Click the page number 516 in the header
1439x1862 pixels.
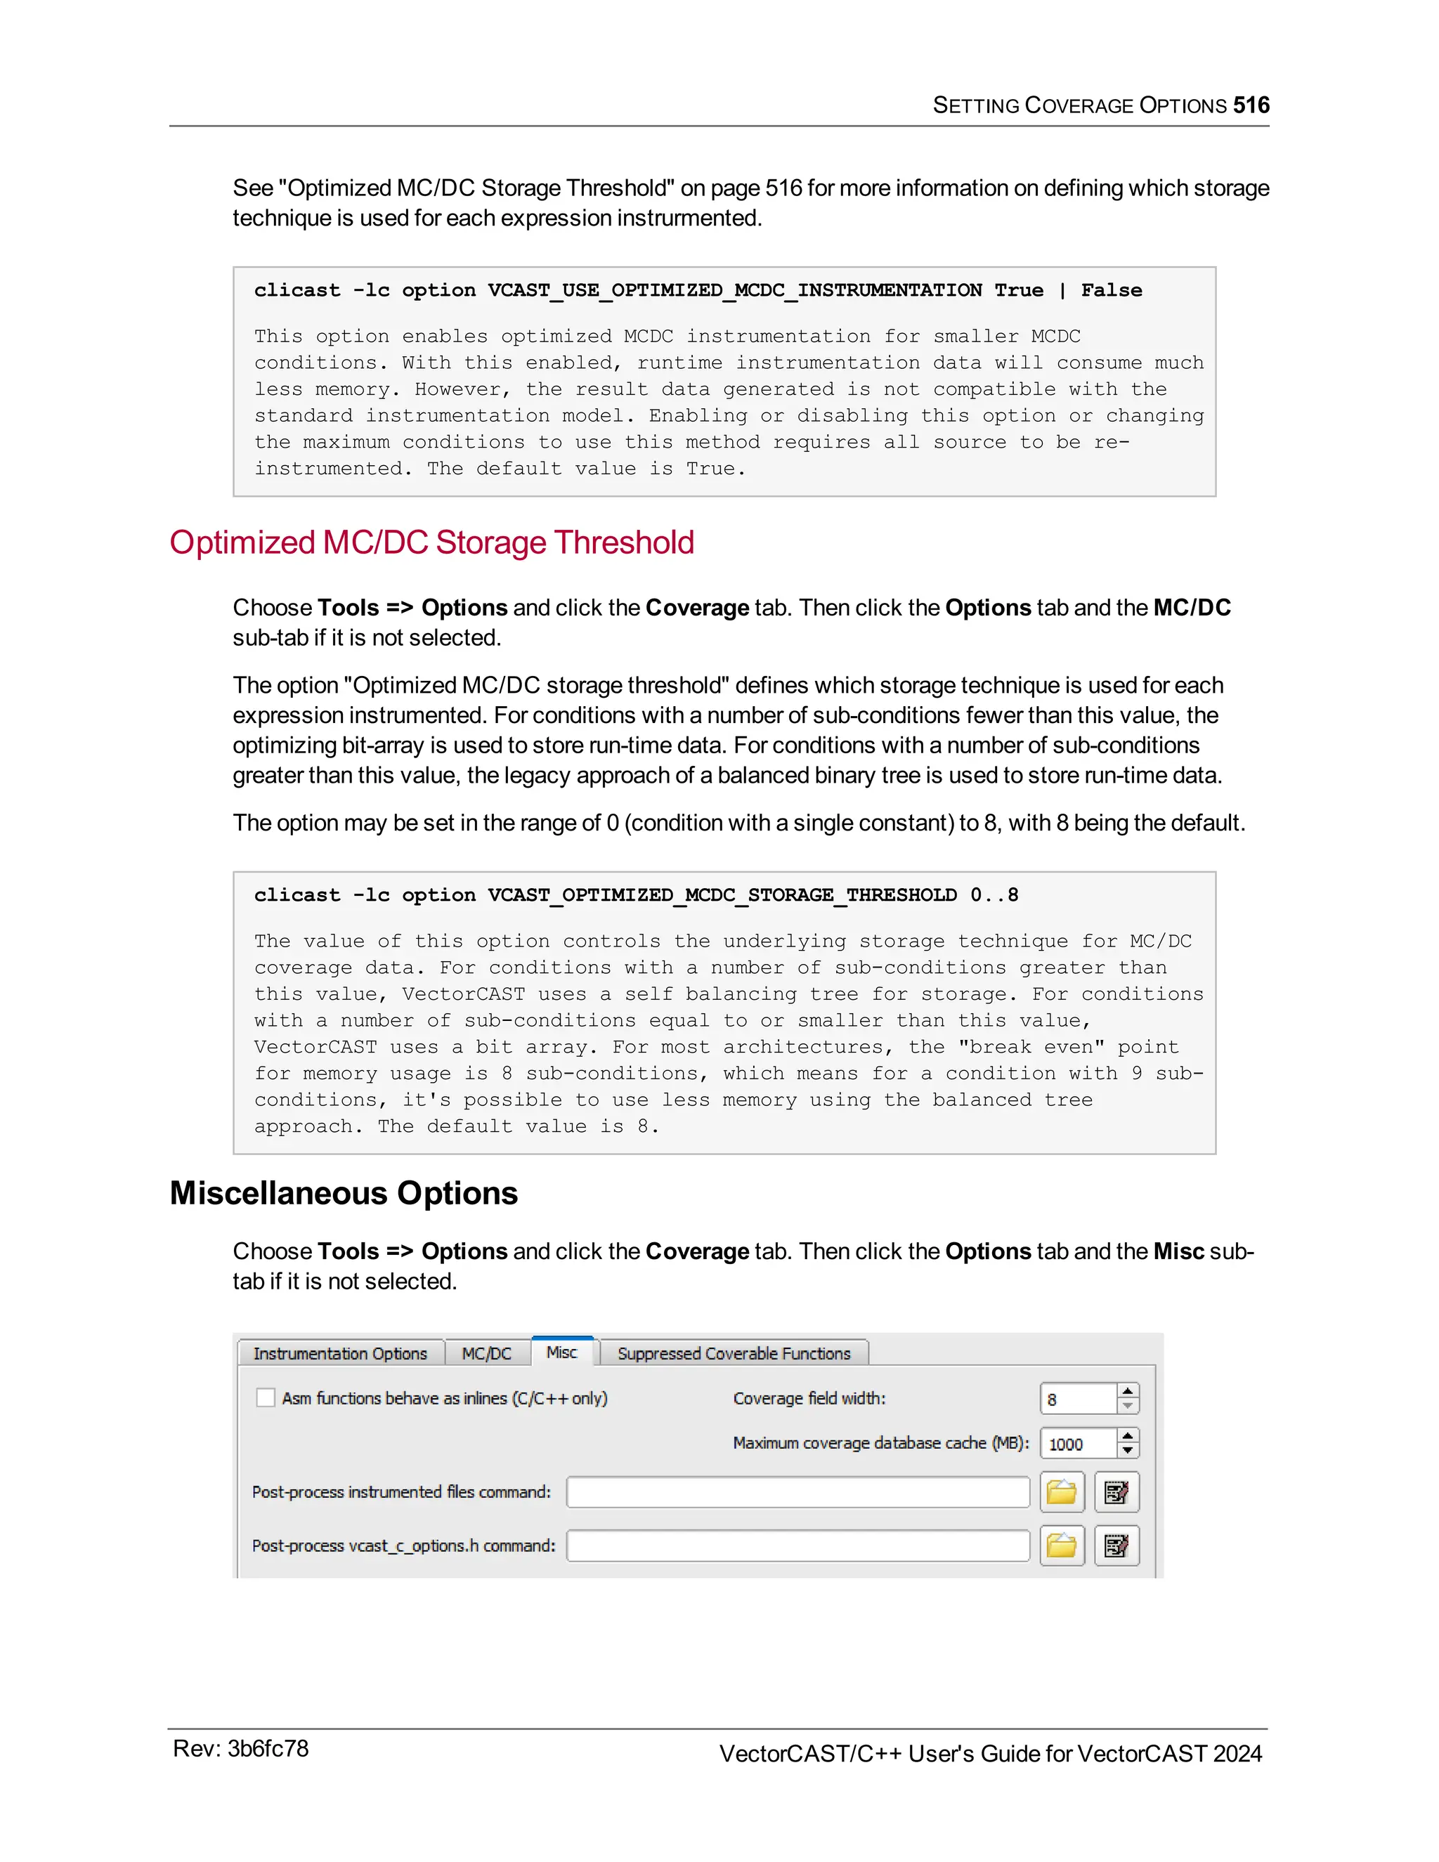[1251, 105]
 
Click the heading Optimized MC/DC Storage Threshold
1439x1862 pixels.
[431, 543]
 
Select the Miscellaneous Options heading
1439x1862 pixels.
[344, 1193]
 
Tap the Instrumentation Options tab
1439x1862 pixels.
[340, 1354]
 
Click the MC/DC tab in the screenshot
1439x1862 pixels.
[487, 1354]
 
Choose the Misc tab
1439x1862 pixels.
[562, 1352]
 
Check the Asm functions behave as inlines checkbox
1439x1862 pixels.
[266, 1398]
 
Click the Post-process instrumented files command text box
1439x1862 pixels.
[798, 1492]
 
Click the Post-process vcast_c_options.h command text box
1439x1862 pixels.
[798, 1546]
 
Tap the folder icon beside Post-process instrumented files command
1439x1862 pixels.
[1062, 1492]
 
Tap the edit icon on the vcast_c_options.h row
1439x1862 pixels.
[1116, 1546]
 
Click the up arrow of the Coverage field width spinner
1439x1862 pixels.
[1128, 1391]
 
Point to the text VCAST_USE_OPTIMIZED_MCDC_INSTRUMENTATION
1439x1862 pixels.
[734, 291]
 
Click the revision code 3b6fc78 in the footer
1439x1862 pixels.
[268, 1750]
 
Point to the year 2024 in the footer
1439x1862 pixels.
[1237, 1754]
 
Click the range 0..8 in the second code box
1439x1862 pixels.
[994, 895]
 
